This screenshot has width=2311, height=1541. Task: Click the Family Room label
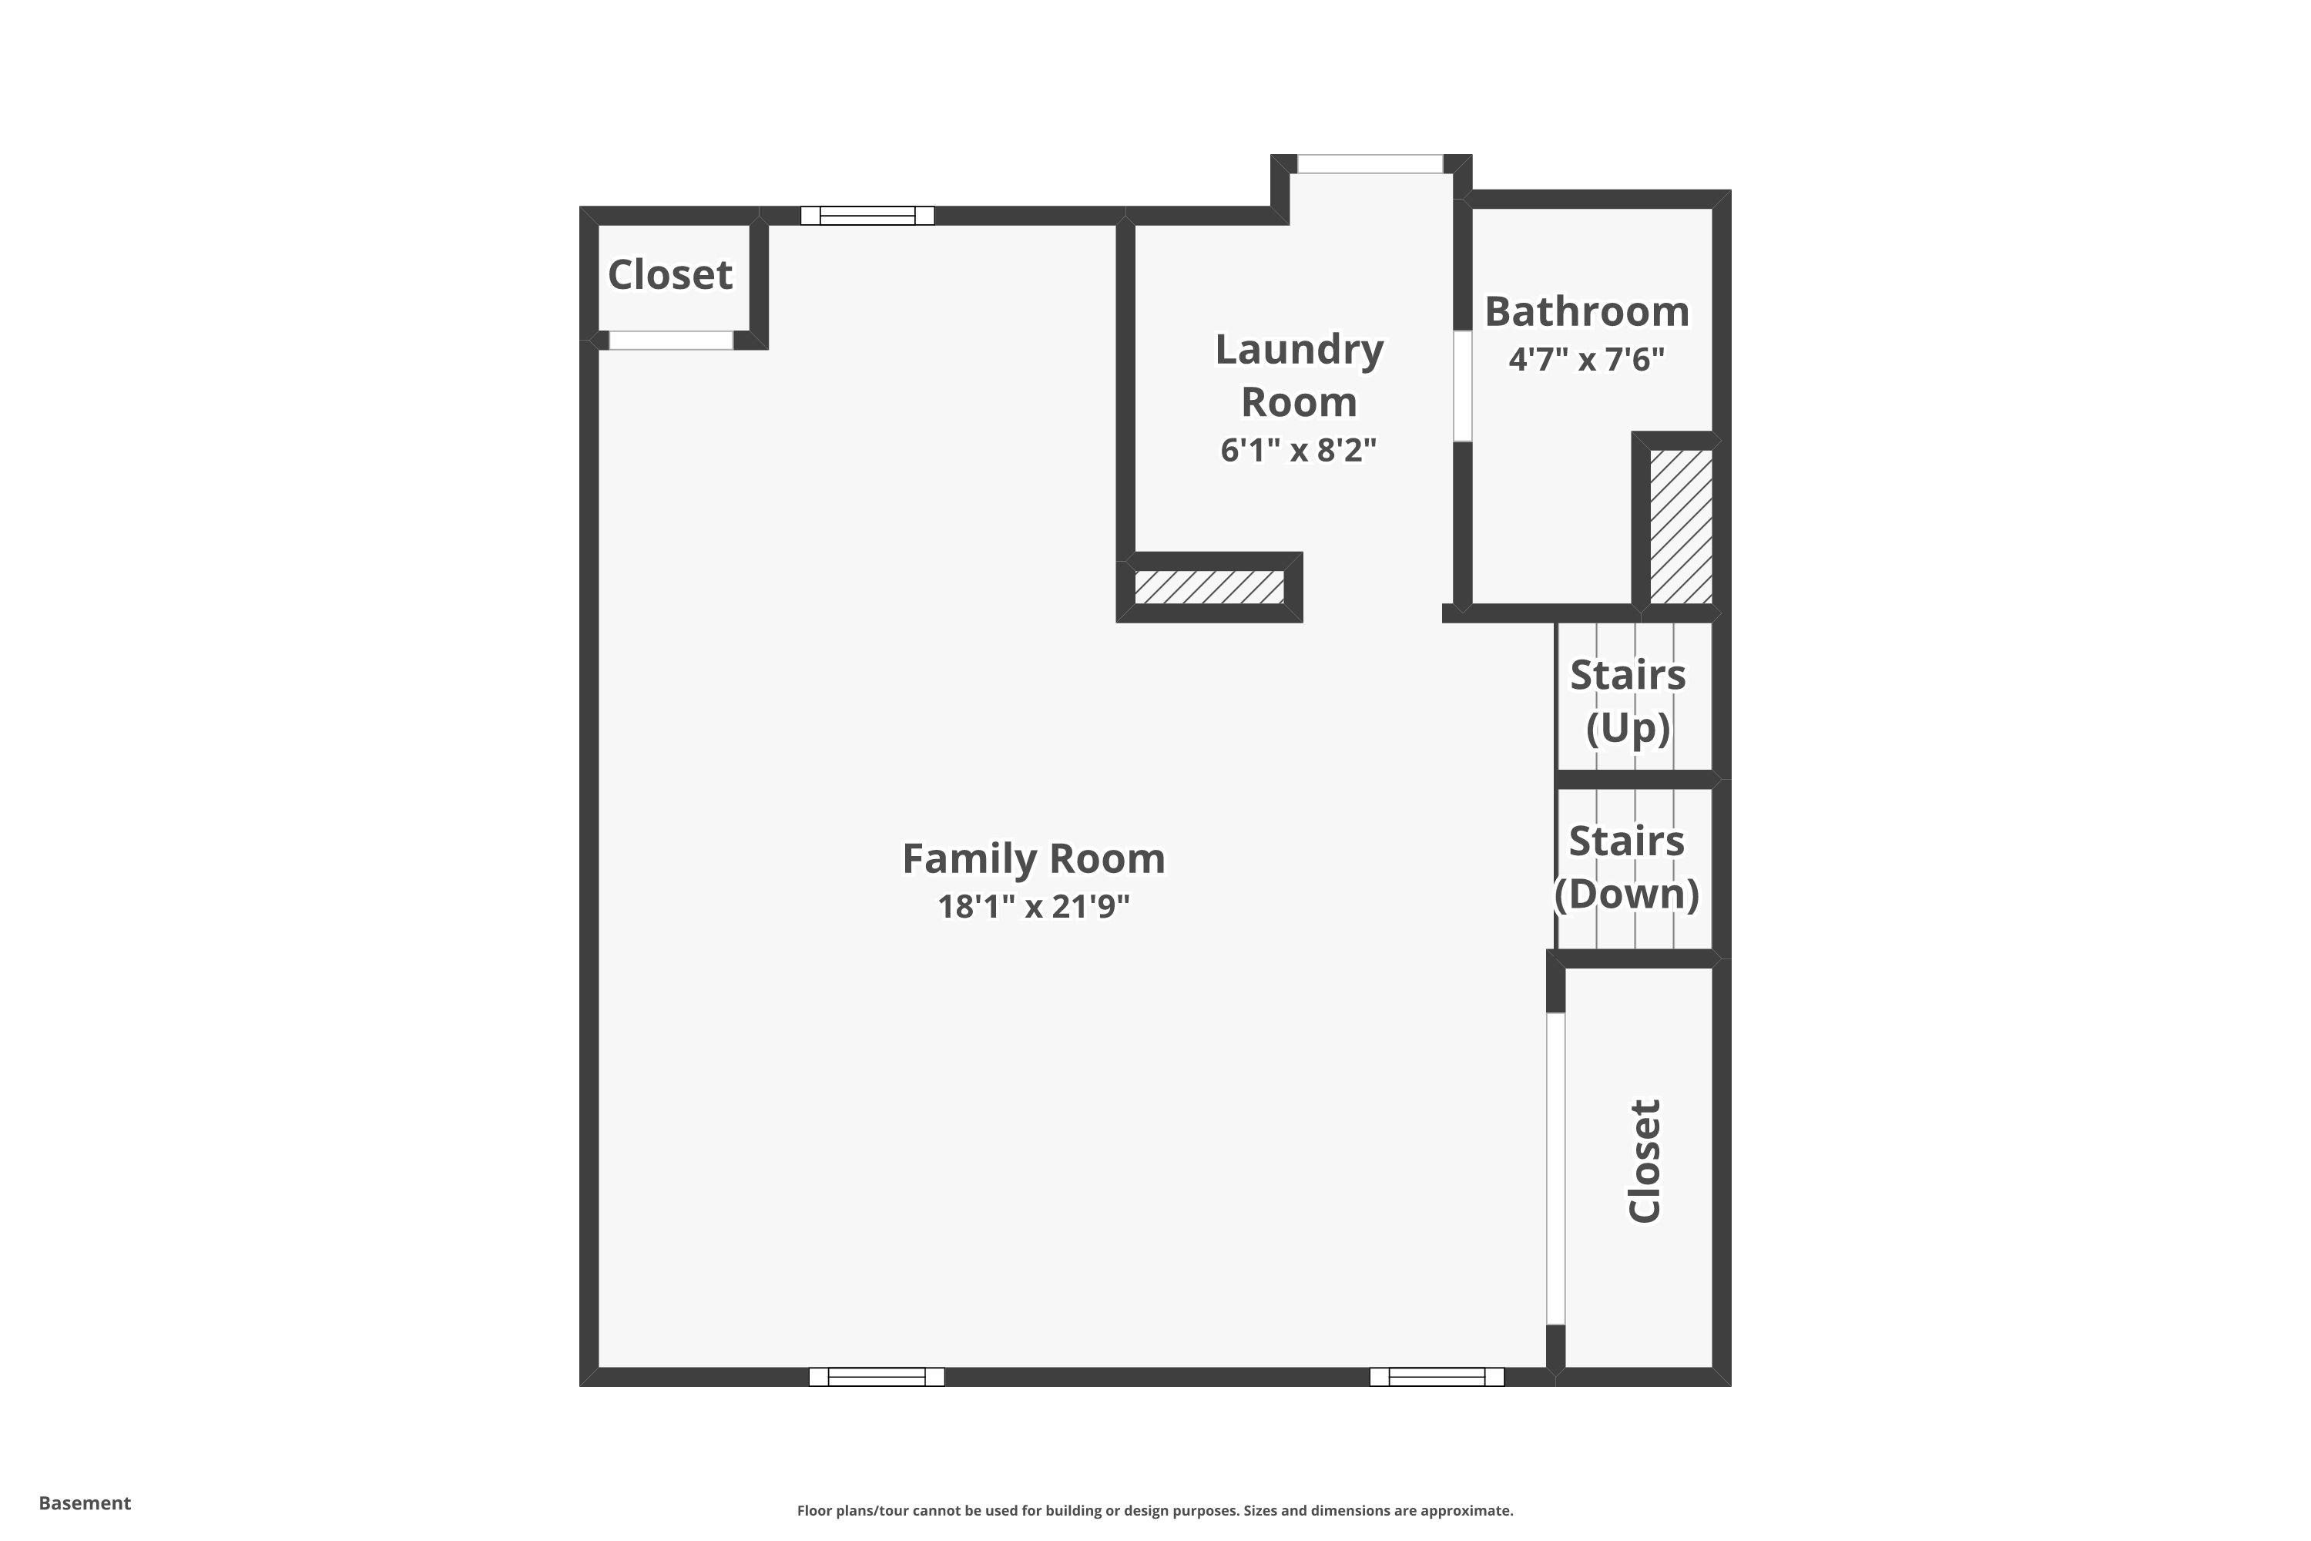[x=1034, y=858]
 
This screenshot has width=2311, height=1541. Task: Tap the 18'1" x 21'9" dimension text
[x=1034, y=906]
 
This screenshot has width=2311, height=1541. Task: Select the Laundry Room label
[x=1299, y=375]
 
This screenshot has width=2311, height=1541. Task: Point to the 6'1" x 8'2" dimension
[x=1298, y=450]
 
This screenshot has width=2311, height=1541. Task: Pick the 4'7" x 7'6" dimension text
[x=1587, y=360]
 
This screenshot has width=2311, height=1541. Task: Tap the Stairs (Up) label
[x=1628, y=700]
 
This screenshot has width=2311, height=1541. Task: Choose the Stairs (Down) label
[x=1627, y=867]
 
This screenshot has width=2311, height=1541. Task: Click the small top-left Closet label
[x=670, y=275]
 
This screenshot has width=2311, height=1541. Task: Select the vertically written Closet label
[x=1644, y=1160]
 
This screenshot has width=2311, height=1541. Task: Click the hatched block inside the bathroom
[x=1680, y=527]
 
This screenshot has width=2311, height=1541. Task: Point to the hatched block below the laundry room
[x=1209, y=586]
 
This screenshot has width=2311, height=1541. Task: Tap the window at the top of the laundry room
[x=1370, y=164]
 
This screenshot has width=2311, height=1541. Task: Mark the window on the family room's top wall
[x=867, y=215]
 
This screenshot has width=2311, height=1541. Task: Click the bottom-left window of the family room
[x=877, y=1377]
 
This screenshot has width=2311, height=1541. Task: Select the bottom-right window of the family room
[x=1437, y=1377]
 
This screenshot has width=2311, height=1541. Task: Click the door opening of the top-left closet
[x=671, y=340]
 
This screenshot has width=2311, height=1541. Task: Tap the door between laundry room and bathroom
[x=1463, y=386]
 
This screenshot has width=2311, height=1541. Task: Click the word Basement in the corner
[x=85, y=1502]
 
